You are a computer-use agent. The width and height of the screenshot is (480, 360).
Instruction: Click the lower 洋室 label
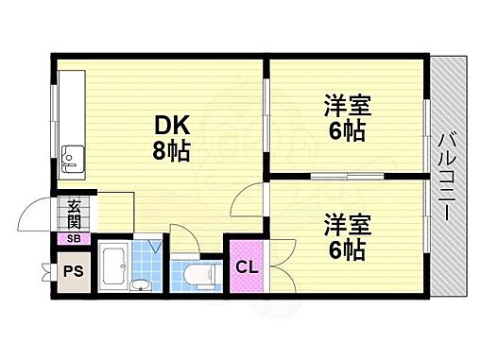(x=346, y=225)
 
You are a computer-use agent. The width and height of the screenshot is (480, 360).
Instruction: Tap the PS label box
(x=71, y=272)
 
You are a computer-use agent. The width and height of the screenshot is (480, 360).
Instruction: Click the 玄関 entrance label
(x=74, y=216)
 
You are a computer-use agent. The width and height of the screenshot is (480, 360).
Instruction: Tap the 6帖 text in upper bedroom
(x=346, y=132)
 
